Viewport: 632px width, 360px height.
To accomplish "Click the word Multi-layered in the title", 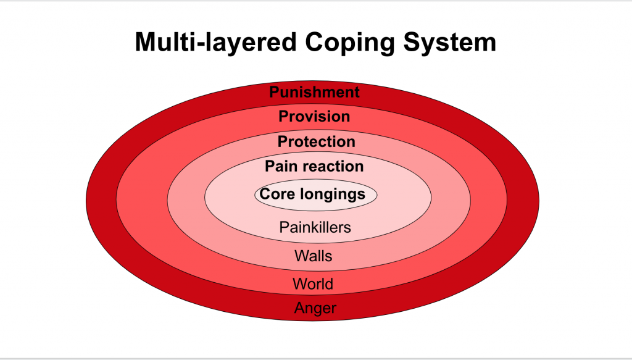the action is [x=215, y=43].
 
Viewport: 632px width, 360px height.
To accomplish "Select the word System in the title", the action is [x=449, y=43].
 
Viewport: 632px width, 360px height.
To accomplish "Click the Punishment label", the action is [x=314, y=93].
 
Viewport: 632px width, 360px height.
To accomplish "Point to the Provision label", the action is [x=314, y=117].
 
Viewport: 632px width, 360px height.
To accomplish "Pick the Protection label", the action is [x=317, y=141].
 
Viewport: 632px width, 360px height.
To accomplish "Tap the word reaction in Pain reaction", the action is [x=331, y=167].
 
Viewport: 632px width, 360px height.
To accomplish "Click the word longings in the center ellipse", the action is [x=333, y=195].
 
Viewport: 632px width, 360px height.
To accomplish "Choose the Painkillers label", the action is [x=315, y=227].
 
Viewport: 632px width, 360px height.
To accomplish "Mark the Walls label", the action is [x=313, y=256].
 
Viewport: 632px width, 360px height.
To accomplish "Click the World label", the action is [x=313, y=284].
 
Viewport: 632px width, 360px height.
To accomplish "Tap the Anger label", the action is [x=315, y=309].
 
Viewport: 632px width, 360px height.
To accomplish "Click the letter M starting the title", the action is [x=146, y=42].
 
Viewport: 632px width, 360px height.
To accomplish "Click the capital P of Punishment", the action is [x=275, y=92].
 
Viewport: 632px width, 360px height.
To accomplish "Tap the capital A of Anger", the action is [x=300, y=308].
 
